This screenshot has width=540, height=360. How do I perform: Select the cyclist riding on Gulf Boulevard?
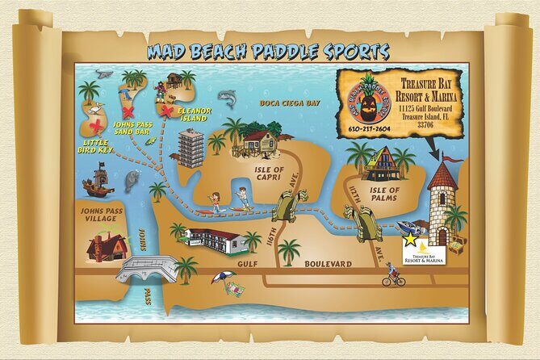point(393,275)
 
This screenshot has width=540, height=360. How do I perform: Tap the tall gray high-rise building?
point(191,147)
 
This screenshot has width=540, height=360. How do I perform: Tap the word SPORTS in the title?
point(342,52)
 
